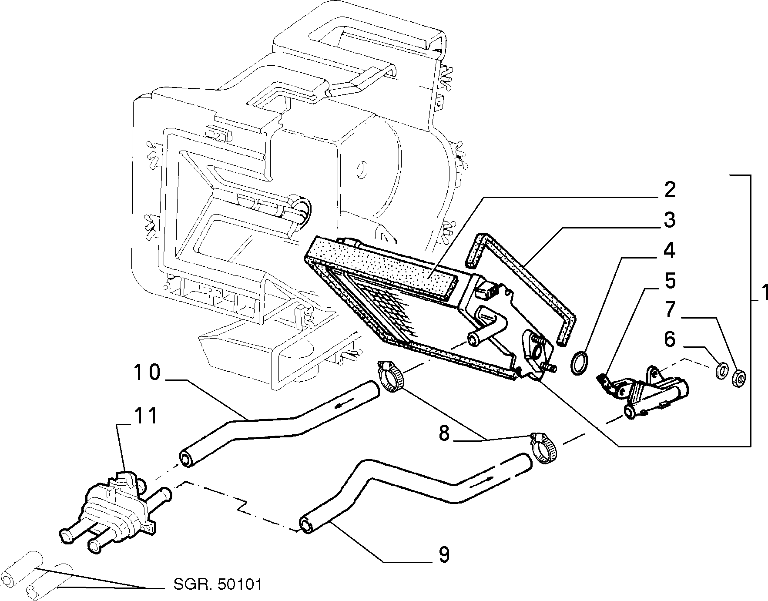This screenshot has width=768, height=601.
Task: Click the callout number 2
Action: pos(670,190)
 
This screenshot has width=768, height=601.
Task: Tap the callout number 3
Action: pos(670,220)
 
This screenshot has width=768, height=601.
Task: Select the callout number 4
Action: pos(670,251)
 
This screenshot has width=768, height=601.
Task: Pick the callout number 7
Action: pos(670,310)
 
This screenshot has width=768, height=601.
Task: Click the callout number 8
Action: pos(444,434)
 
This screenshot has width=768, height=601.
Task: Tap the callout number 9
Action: pos(444,555)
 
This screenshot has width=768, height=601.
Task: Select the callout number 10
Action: pos(147,373)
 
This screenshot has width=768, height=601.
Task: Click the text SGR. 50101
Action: pos(218,584)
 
